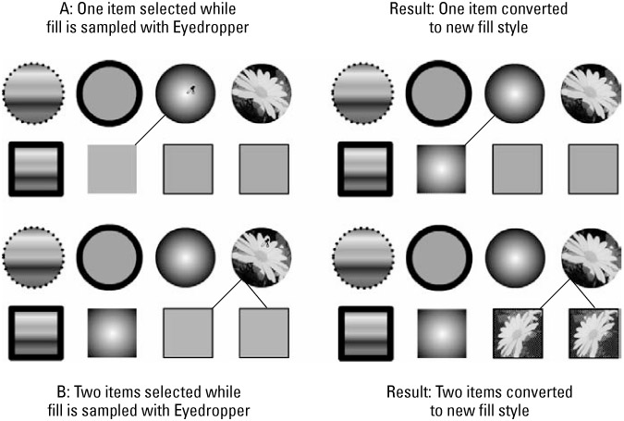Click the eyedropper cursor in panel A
[192, 90]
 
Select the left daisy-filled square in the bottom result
[518, 332]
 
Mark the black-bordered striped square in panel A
[35, 169]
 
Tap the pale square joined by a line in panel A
[112, 169]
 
